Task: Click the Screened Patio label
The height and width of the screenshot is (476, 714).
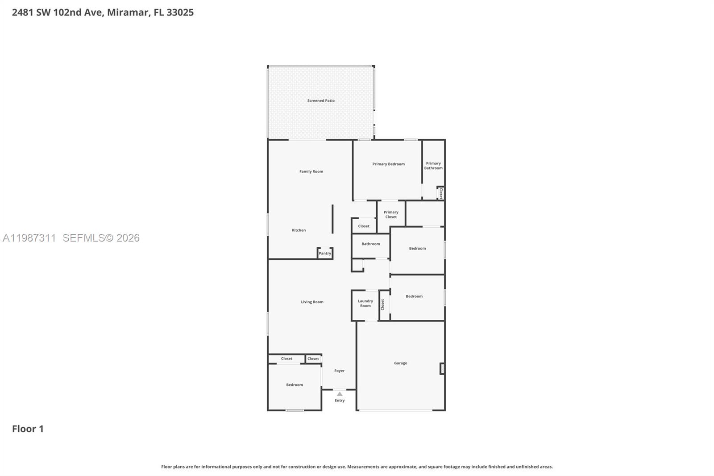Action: coord(320,101)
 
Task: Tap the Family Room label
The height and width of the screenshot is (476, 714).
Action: coord(311,171)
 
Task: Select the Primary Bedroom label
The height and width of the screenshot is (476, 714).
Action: coord(388,164)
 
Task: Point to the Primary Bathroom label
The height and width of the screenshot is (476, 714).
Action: coord(433,166)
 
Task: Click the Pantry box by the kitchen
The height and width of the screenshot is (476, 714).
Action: coord(325,253)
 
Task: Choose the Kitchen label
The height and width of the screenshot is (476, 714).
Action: coord(299,230)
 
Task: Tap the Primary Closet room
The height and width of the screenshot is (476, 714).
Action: coord(391,215)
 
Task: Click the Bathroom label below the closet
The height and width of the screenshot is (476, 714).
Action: coord(371,244)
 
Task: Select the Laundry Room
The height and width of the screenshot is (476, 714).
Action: coord(365,304)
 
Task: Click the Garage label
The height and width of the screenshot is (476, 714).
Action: coord(400,363)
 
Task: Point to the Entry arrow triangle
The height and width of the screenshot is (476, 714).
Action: coord(340,394)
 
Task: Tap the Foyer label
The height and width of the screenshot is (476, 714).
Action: coord(339,371)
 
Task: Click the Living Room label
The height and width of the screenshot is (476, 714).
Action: coord(312,302)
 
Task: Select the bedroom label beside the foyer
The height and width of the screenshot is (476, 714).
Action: coord(294,385)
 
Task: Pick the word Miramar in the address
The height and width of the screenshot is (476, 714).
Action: coord(128,13)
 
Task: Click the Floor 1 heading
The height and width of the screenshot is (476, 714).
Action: coord(28,429)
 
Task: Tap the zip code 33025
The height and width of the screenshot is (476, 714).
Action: coord(180,13)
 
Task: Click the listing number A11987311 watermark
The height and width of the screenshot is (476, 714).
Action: coord(29,238)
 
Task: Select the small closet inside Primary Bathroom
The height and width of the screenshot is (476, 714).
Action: coord(440,193)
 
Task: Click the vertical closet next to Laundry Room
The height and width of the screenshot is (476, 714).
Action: coord(382,305)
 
